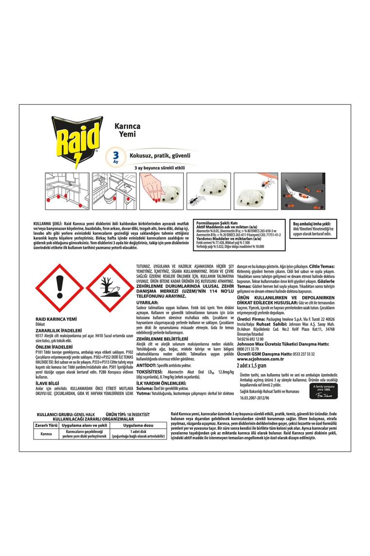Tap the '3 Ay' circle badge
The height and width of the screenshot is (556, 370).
(x=116, y=157)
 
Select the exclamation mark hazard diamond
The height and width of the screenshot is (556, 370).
(x=59, y=288)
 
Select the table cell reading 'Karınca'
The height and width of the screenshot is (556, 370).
(x=46, y=434)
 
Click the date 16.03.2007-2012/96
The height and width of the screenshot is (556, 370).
(x=262, y=398)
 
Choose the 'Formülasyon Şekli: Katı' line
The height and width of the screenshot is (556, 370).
(x=217, y=222)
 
